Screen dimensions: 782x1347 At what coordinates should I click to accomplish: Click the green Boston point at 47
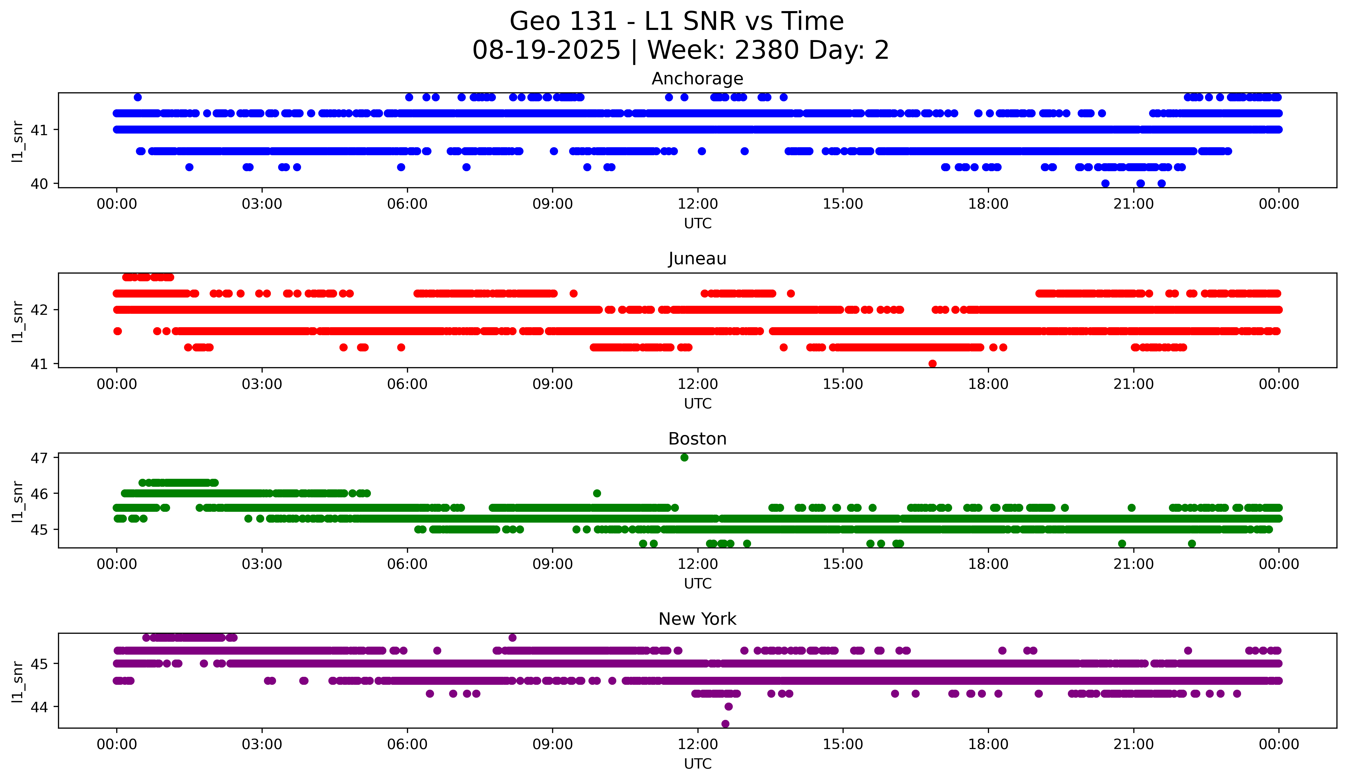tap(684, 458)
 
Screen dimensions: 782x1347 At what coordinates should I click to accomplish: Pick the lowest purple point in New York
tap(725, 724)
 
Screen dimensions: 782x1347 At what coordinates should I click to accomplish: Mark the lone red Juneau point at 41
tap(933, 364)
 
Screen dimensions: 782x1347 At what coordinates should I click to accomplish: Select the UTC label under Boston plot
tap(697, 584)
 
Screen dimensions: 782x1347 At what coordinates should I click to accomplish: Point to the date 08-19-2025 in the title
tap(546, 50)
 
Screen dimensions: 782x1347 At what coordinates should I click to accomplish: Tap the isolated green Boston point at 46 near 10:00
tap(597, 493)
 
